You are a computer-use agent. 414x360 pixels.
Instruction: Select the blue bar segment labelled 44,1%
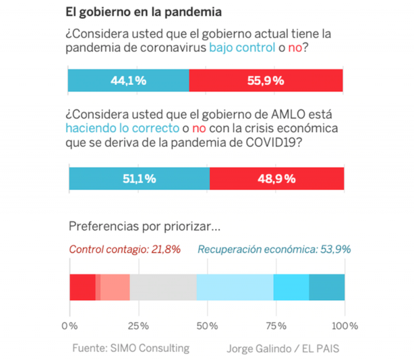pos(129,80)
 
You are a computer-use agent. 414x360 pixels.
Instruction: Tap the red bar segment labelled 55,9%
pos(266,80)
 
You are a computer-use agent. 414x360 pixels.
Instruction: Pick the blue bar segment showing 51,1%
pos(139,179)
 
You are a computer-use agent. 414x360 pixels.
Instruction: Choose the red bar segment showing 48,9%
pos(277,179)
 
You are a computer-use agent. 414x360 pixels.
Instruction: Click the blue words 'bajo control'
pos(242,48)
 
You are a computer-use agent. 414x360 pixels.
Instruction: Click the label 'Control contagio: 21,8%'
pos(125,250)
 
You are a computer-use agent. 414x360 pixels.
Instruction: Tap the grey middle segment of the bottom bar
pos(163,287)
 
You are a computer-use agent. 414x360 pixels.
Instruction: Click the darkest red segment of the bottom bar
pos(82,287)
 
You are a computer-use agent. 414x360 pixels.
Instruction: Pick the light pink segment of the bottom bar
pos(115,287)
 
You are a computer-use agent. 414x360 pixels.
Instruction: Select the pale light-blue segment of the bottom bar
pos(235,287)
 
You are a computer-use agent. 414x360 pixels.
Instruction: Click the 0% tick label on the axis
pos(69,326)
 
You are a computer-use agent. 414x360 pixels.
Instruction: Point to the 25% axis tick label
pos(138,326)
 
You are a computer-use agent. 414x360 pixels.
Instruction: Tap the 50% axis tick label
pos(207,326)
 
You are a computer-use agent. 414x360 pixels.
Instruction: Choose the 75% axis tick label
pos(276,326)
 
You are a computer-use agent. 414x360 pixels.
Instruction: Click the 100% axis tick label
pos(345,326)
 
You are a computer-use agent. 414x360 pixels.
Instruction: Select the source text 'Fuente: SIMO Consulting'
pos(131,348)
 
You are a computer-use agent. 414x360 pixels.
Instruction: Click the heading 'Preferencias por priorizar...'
pos(138,227)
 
